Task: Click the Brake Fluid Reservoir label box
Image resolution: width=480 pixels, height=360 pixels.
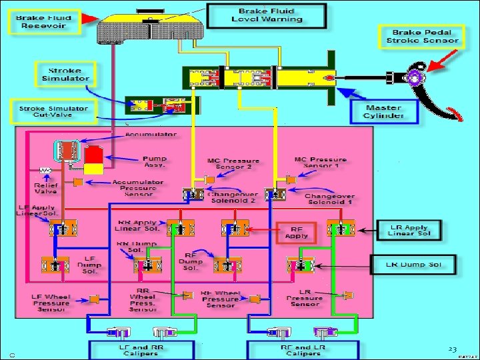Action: click(x=44, y=21)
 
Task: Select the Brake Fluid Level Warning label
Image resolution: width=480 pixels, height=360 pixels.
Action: click(x=267, y=15)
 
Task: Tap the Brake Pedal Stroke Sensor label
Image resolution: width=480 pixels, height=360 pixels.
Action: click(x=422, y=36)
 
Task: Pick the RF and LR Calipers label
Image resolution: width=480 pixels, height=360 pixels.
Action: click(x=303, y=349)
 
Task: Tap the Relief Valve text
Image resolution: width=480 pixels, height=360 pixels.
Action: click(x=46, y=187)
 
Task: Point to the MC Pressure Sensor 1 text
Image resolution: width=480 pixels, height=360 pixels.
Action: click(x=320, y=163)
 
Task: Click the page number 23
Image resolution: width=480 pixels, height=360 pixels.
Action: click(x=452, y=349)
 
